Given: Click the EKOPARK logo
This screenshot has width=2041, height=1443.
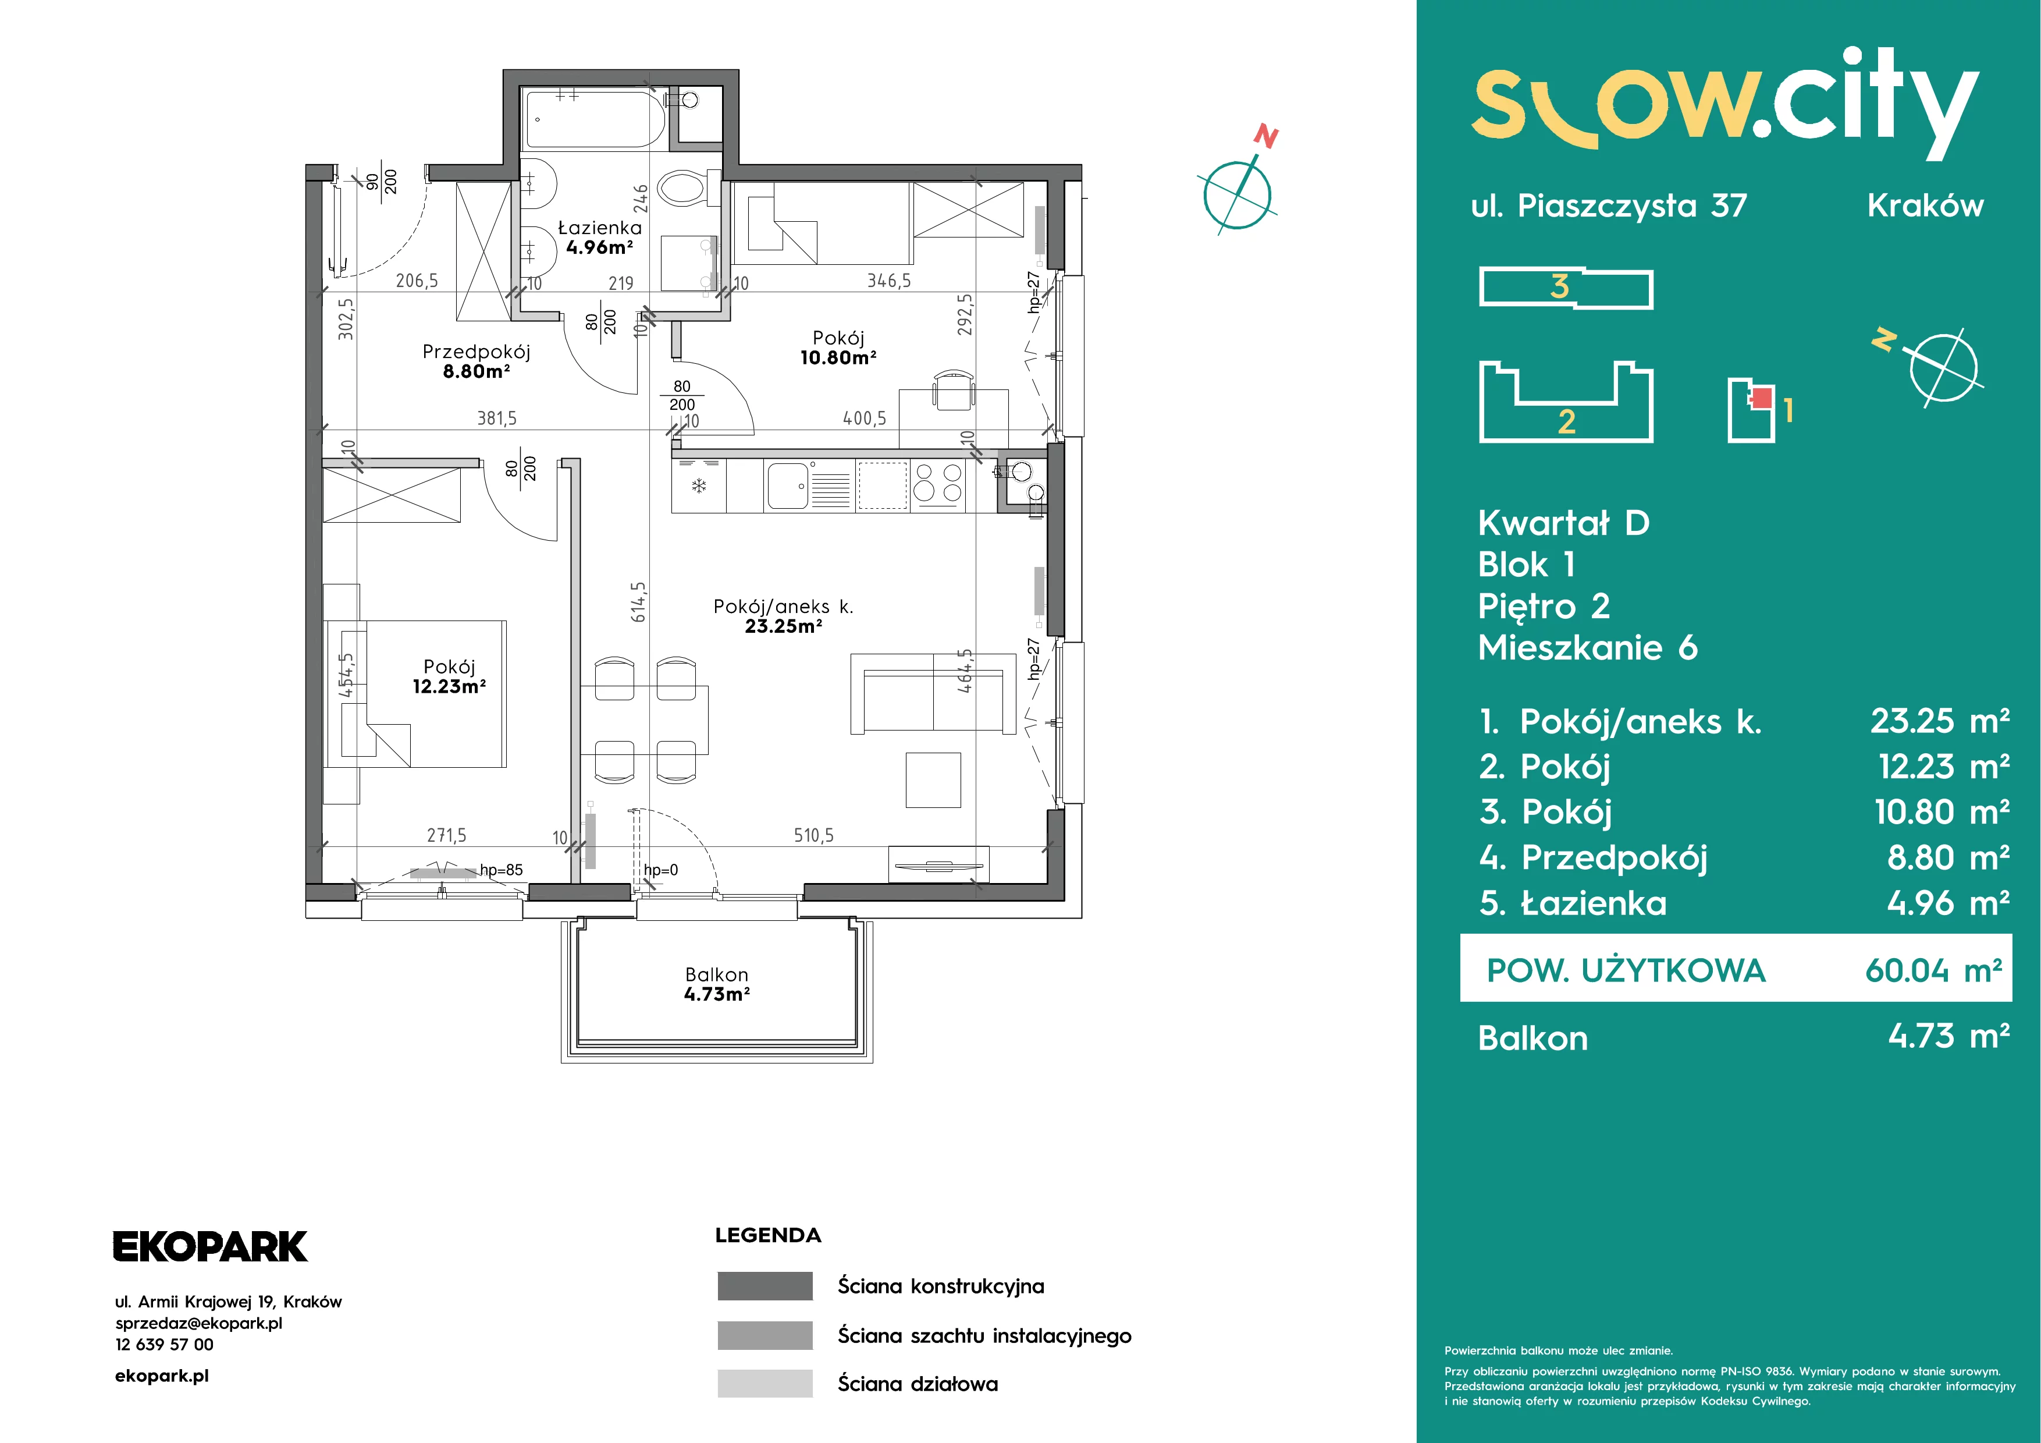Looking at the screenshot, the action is pos(210,1246).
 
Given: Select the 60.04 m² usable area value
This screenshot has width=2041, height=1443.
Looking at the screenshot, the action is pos(1933,970).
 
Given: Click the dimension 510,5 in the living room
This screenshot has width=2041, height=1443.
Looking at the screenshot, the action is pos(813,835).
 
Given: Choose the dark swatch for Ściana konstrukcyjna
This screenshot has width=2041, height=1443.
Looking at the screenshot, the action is pos(765,1286).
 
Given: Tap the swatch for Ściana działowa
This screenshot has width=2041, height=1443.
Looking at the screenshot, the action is pos(765,1384).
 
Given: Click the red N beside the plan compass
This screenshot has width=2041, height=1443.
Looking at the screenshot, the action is pos(1266,137).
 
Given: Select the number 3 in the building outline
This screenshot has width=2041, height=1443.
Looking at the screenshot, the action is pos(1559,286).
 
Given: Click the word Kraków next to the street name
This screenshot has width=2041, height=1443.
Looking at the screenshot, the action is pos(1925,205).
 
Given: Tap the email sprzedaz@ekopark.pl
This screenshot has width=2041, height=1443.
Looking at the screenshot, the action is pos(199,1323).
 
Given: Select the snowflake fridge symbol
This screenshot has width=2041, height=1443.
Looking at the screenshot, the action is pos(699,485).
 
